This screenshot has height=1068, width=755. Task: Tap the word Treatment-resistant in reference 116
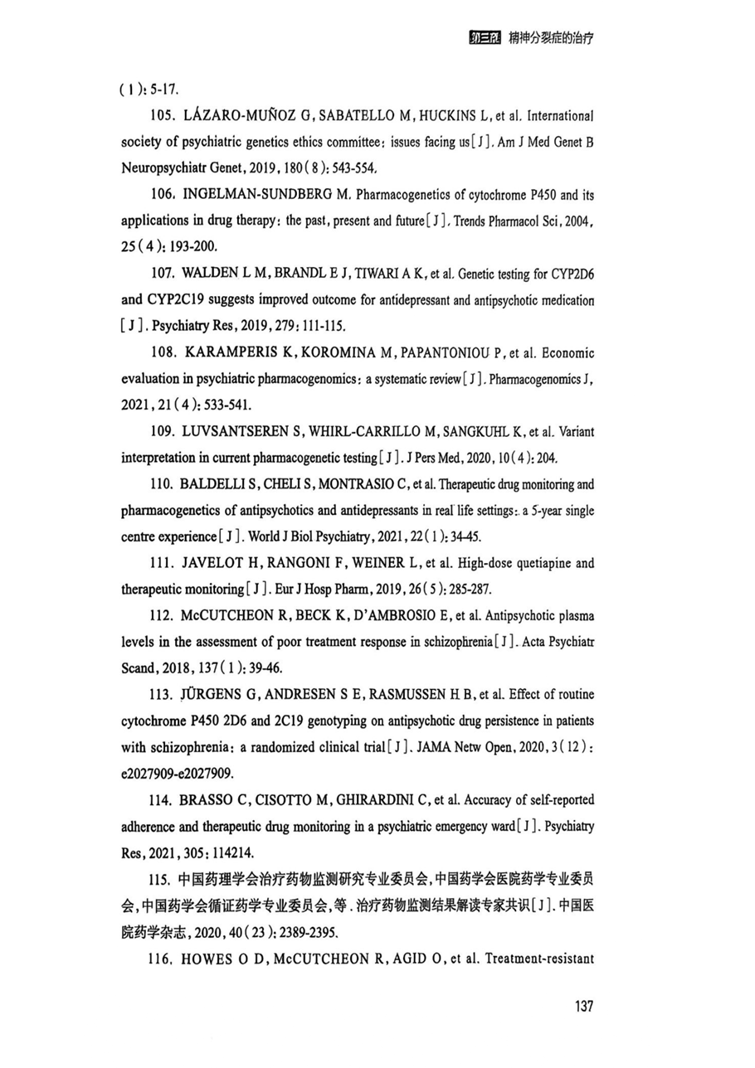tap(539, 959)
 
